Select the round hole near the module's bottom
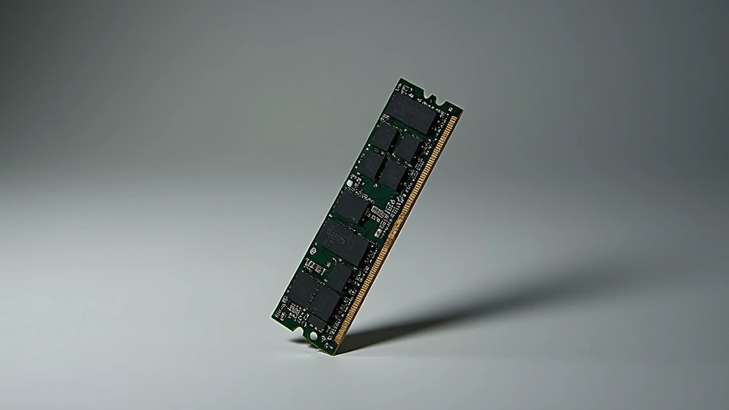(x=314, y=335)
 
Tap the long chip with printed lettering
(x=346, y=243)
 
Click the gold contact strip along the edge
(x=399, y=228)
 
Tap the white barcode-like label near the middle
(x=379, y=212)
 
